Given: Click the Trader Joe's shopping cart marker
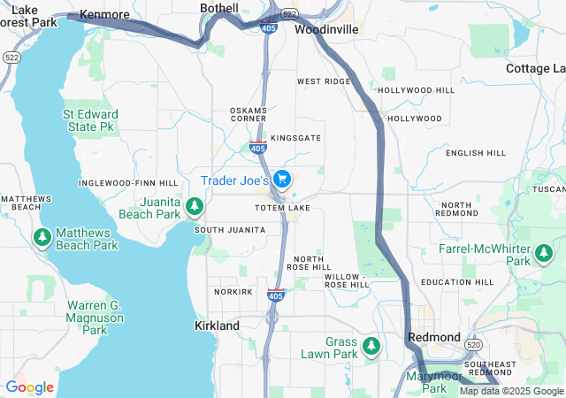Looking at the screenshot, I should click(282, 179).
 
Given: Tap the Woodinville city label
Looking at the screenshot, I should click(326, 29).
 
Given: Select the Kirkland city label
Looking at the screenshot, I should click(217, 325).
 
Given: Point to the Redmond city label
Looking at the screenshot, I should click(434, 338).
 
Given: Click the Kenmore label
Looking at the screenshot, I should click(104, 15).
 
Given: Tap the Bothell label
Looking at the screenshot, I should click(219, 8).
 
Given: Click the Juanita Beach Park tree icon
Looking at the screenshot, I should click(195, 207).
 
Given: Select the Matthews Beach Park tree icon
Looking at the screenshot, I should click(42, 238).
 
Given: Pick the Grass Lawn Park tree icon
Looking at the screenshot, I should click(371, 345).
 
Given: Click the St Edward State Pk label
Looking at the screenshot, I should click(88, 120).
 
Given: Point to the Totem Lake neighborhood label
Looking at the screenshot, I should click(282, 208).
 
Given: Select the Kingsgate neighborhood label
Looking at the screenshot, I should click(296, 139).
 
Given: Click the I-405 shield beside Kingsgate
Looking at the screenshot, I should click(258, 149).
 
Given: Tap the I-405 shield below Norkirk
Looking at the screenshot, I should click(275, 295).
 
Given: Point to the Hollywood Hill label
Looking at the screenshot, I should click(416, 90).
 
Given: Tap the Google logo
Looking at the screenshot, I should click(29, 387).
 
